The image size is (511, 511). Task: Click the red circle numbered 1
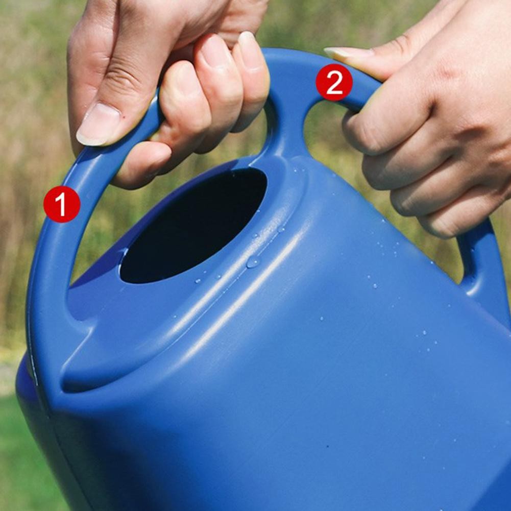point(62,204)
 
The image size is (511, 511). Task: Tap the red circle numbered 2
point(334,82)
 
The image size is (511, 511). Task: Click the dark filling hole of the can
point(193,226)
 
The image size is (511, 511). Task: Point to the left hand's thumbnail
point(99,124)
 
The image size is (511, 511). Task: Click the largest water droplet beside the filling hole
point(253,261)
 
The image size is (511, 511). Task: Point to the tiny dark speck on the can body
point(328,446)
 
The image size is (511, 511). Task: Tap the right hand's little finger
point(463,218)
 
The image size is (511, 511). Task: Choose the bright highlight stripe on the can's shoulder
point(248,294)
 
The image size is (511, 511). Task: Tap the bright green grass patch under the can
point(26,456)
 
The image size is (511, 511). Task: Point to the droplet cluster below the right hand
point(388,248)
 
